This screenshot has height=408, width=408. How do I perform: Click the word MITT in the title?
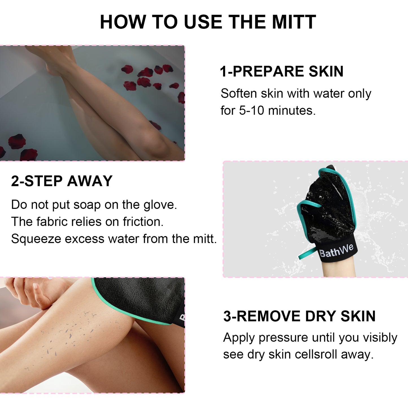294,22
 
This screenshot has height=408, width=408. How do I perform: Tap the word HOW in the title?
123,22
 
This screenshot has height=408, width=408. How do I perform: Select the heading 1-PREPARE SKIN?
282,71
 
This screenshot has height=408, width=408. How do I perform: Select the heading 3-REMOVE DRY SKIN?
299,316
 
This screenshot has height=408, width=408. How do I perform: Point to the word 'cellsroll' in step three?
316,355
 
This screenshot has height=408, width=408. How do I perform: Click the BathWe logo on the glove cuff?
336,250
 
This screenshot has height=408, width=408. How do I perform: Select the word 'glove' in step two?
160,205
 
